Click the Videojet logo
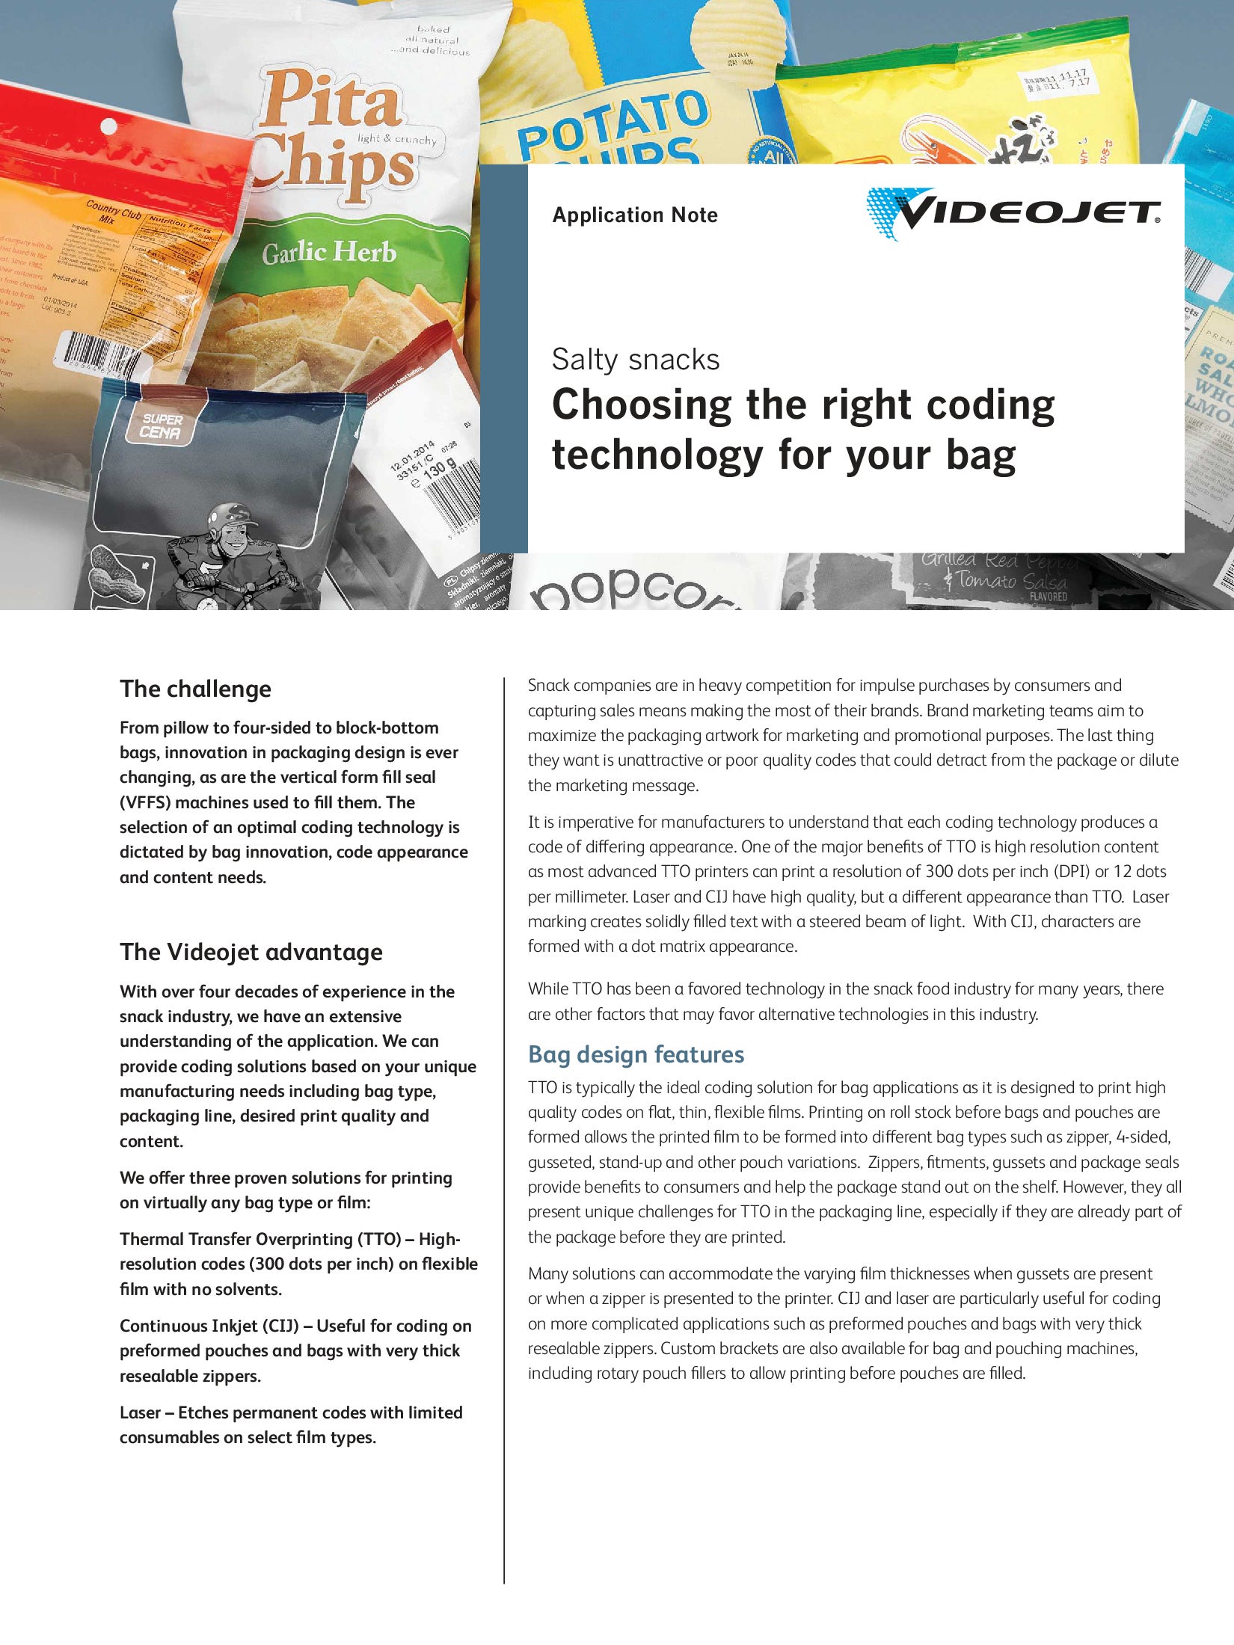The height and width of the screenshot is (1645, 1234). coord(1013,213)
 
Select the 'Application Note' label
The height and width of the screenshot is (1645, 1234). coord(635,215)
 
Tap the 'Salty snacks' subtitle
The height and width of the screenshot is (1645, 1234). coord(636,360)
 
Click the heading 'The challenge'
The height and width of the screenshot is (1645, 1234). coord(195,689)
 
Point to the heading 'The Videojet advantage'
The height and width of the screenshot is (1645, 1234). coord(251,952)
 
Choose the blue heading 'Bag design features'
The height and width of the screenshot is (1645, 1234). coord(636,1054)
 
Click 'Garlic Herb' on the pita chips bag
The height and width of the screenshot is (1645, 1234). coord(328,253)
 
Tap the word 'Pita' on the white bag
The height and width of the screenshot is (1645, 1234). coord(329,101)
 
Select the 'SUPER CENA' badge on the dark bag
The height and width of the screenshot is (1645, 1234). coord(162,425)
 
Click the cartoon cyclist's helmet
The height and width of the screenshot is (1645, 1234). coord(227,515)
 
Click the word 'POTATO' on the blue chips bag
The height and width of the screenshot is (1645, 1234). coord(613,123)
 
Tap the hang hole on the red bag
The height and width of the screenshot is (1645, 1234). coord(109,127)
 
